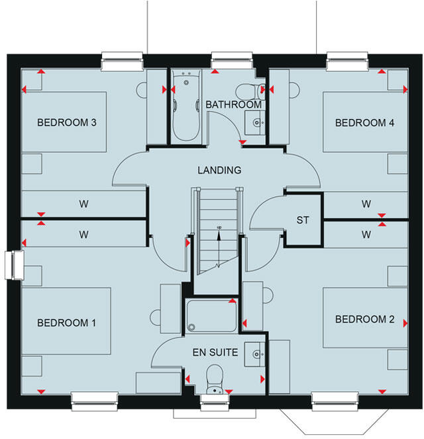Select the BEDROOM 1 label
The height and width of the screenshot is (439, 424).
click(x=67, y=323)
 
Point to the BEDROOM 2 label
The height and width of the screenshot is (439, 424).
click(x=365, y=319)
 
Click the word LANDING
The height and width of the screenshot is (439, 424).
click(x=219, y=170)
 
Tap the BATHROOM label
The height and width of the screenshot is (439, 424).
click(x=233, y=105)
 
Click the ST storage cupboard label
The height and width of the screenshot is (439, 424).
click(x=303, y=220)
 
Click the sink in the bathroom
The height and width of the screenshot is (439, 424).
click(x=255, y=121)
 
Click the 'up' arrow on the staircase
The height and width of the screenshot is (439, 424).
click(x=219, y=229)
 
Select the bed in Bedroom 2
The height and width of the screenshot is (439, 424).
click(x=364, y=317)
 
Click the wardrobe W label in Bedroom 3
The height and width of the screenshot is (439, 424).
click(x=84, y=204)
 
